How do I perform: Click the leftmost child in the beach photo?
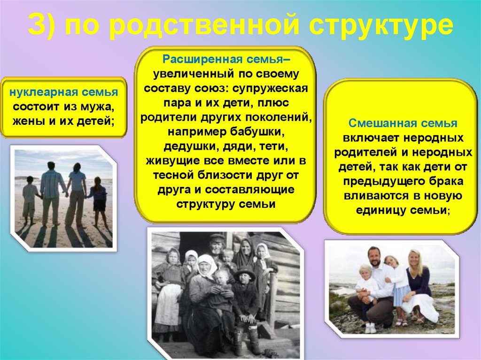tap(30, 197)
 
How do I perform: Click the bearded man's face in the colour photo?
tap(375, 257)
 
